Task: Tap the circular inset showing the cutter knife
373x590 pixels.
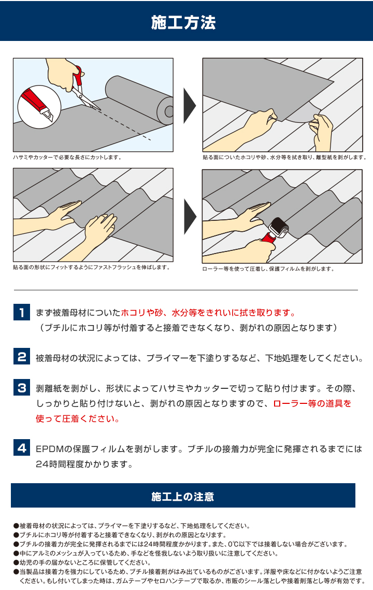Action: pos(39,106)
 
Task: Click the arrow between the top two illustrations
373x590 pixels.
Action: pos(190,105)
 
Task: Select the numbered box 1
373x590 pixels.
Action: pos(21,313)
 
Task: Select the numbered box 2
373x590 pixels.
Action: pos(21,357)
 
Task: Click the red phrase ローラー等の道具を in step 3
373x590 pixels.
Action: pos(312,403)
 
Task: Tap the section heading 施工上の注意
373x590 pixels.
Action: pos(183,496)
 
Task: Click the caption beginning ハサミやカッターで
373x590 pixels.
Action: pos(67,157)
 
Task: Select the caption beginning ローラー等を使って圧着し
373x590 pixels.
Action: pos(268,269)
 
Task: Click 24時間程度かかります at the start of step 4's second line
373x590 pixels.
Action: pos(84,465)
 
